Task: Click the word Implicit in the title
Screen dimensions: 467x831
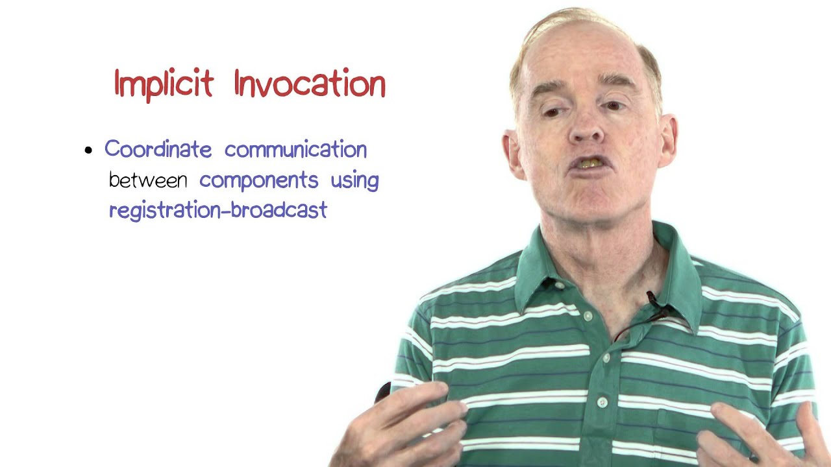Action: click(x=164, y=84)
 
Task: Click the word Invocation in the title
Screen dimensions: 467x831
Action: click(x=310, y=84)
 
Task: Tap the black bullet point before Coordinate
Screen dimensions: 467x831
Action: click(x=89, y=151)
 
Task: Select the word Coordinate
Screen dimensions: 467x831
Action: click(x=158, y=149)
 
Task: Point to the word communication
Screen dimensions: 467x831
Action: click(x=295, y=149)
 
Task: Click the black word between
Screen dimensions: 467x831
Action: click(x=148, y=180)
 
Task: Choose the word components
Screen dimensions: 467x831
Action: click(x=258, y=180)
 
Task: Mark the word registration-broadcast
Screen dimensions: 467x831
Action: click(x=218, y=210)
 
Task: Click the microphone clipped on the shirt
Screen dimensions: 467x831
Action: click(x=653, y=300)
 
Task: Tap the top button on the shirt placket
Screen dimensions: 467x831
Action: click(x=588, y=317)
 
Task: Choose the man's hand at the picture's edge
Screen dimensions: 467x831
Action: click(x=766, y=435)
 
